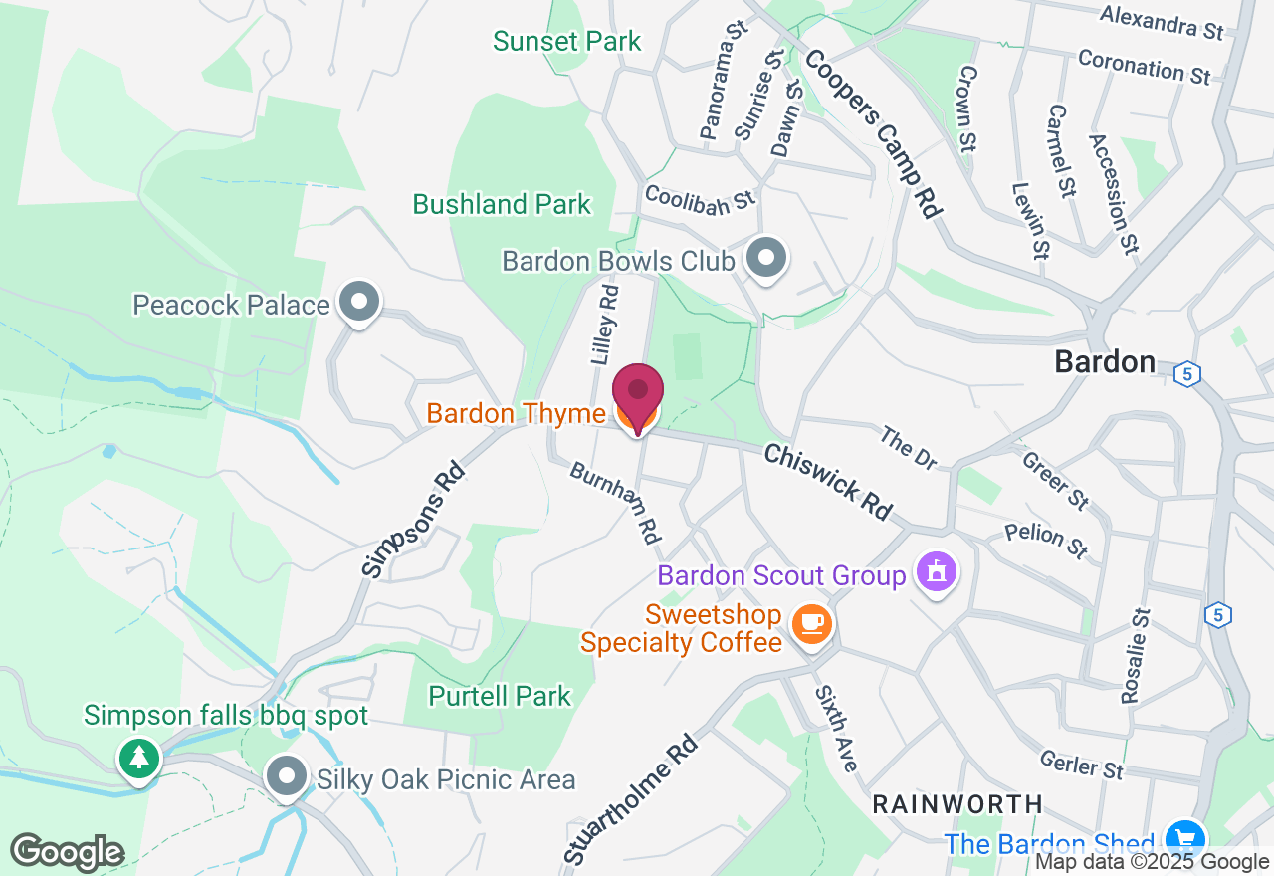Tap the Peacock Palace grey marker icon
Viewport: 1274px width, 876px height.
(x=359, y=302)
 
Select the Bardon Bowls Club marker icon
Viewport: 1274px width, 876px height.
(x=765, y=258)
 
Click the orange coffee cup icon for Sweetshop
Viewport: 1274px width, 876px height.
(x=812, y=624)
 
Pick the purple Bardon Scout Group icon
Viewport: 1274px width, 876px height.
(x=937, y=572)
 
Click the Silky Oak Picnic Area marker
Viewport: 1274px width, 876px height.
(x=287, y=777)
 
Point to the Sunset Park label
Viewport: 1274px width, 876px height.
(x=567, y=41)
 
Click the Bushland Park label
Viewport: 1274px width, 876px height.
(x=502, y=205)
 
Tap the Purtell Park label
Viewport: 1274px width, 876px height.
(x=500, y=696)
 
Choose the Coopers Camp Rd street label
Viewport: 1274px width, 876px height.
(x=872, y=133)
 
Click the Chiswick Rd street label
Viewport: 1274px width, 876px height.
(x=827, y=482)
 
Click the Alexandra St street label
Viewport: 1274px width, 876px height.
(x=1162, y=22)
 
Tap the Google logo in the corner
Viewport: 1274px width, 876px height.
(x=67, y=852)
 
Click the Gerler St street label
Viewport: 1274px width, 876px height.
(x=1081, y=765)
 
